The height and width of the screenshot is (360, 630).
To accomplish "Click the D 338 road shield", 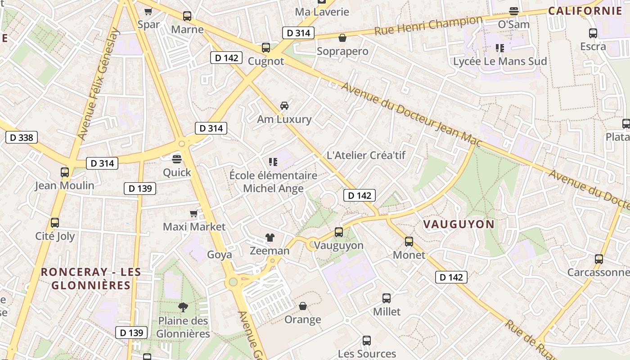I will (22, 137).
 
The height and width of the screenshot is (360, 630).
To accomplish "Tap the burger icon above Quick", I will (177, 158).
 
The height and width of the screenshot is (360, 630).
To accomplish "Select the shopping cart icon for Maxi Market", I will (194, 213).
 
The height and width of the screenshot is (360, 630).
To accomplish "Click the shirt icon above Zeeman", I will (270, 237).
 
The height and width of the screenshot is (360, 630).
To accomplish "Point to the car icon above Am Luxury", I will (284, 106).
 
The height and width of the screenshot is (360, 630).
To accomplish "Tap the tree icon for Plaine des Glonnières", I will (183, 307).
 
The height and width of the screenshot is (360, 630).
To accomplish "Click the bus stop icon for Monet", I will (409, 242).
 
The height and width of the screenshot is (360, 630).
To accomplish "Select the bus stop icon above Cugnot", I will (266, 48).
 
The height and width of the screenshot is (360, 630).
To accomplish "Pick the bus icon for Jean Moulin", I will (65, 172).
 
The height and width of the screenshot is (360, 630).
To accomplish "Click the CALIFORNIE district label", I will (585, 11).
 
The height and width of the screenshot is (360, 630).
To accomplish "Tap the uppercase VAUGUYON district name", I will (459, 224).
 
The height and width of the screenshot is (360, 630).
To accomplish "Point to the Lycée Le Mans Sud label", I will (500, 61).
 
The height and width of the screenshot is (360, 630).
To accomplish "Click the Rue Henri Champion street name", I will (428, 26).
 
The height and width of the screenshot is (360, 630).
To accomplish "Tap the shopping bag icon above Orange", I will (303, 306).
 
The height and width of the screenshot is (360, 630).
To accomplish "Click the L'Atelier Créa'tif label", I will (366, 155).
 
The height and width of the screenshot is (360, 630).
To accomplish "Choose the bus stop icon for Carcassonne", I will (598, 259).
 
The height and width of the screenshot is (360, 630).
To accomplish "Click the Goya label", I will (220, 255).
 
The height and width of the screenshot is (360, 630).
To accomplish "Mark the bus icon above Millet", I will (387, 298).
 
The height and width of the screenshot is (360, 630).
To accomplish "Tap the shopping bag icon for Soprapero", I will (342, 38).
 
